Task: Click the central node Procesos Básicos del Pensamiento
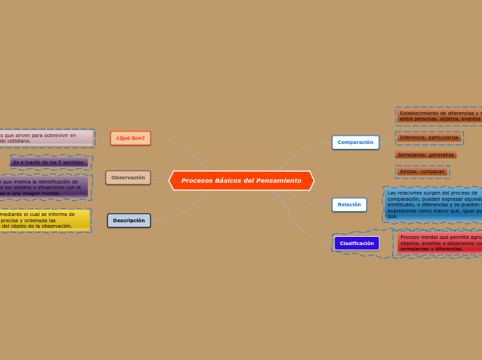point(241,181)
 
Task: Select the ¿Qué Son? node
point(130,138)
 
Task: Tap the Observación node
point(128,178)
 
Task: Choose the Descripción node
point(129,221)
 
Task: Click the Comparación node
point(355,143)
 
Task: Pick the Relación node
point(349,205)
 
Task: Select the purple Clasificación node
point(357,244)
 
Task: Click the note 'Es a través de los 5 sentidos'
point(49,163)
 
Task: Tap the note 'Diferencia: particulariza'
point(429,138)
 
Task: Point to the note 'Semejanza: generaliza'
point(426,155)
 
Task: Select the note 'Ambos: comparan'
point(422,172)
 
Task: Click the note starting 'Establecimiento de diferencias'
point(439,116)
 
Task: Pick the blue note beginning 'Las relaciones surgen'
point(433,204)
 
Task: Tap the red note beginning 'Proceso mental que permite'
point(439,243)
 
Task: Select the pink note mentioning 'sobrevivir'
point(46,138)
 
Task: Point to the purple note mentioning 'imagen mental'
point(43,187)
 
